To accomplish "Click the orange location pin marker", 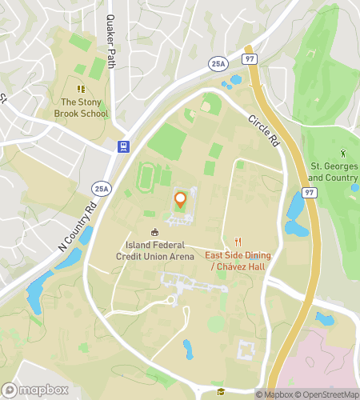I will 180,200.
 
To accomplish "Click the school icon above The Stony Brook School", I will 80,89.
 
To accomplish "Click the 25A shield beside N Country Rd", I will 101,189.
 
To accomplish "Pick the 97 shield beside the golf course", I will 308,193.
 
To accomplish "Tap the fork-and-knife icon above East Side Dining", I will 238,242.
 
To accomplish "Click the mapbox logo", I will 33,390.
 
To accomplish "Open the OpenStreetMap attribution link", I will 327,394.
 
